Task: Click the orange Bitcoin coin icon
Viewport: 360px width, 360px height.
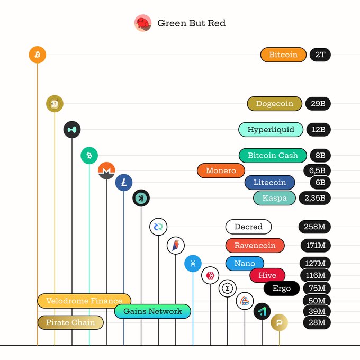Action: click(38, 55)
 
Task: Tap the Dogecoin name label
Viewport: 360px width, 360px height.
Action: click(275, 104)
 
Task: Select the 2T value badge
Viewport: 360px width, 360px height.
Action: click(320, 55)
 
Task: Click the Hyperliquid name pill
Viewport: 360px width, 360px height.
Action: click(271, 130)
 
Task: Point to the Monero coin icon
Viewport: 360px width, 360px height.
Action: click(106, 170)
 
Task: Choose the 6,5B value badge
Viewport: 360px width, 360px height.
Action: click(317, 170)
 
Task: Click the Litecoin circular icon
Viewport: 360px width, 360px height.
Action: click(124, 183)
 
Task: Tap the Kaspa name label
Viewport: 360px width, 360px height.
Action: click(274, 198)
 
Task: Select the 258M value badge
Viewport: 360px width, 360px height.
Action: click(314, 227)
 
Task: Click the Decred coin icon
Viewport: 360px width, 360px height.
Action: click(158, 227)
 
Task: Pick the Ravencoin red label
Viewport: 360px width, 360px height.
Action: click(255, 246)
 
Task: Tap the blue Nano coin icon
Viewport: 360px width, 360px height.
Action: click(193, 263)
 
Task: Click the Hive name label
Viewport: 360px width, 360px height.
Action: click(267, 275)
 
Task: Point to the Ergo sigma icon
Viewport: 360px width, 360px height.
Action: click(227, 288)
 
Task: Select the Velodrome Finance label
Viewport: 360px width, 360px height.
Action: click(84, 301)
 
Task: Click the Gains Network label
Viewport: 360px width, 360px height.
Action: click(152, 311)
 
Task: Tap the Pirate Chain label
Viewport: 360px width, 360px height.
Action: click(70, 322)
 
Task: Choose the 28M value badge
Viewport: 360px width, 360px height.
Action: click(317, 322)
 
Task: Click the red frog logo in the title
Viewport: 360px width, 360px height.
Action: click(143, 23)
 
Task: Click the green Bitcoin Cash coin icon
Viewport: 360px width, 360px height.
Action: click(89, 156)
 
